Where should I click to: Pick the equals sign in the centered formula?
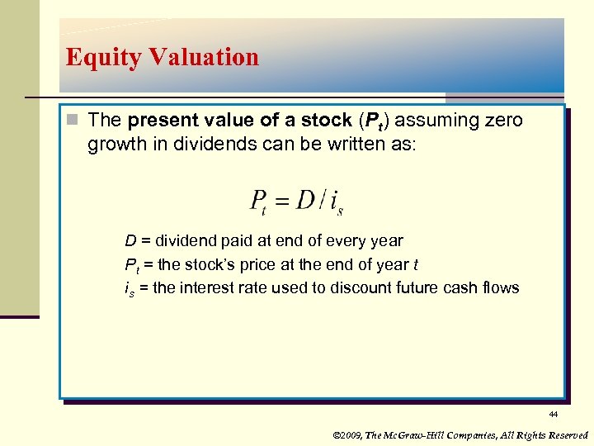282,200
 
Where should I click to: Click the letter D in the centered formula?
306,199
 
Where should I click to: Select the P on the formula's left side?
257,200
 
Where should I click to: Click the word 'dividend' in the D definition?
184,241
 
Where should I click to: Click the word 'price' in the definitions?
271,264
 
